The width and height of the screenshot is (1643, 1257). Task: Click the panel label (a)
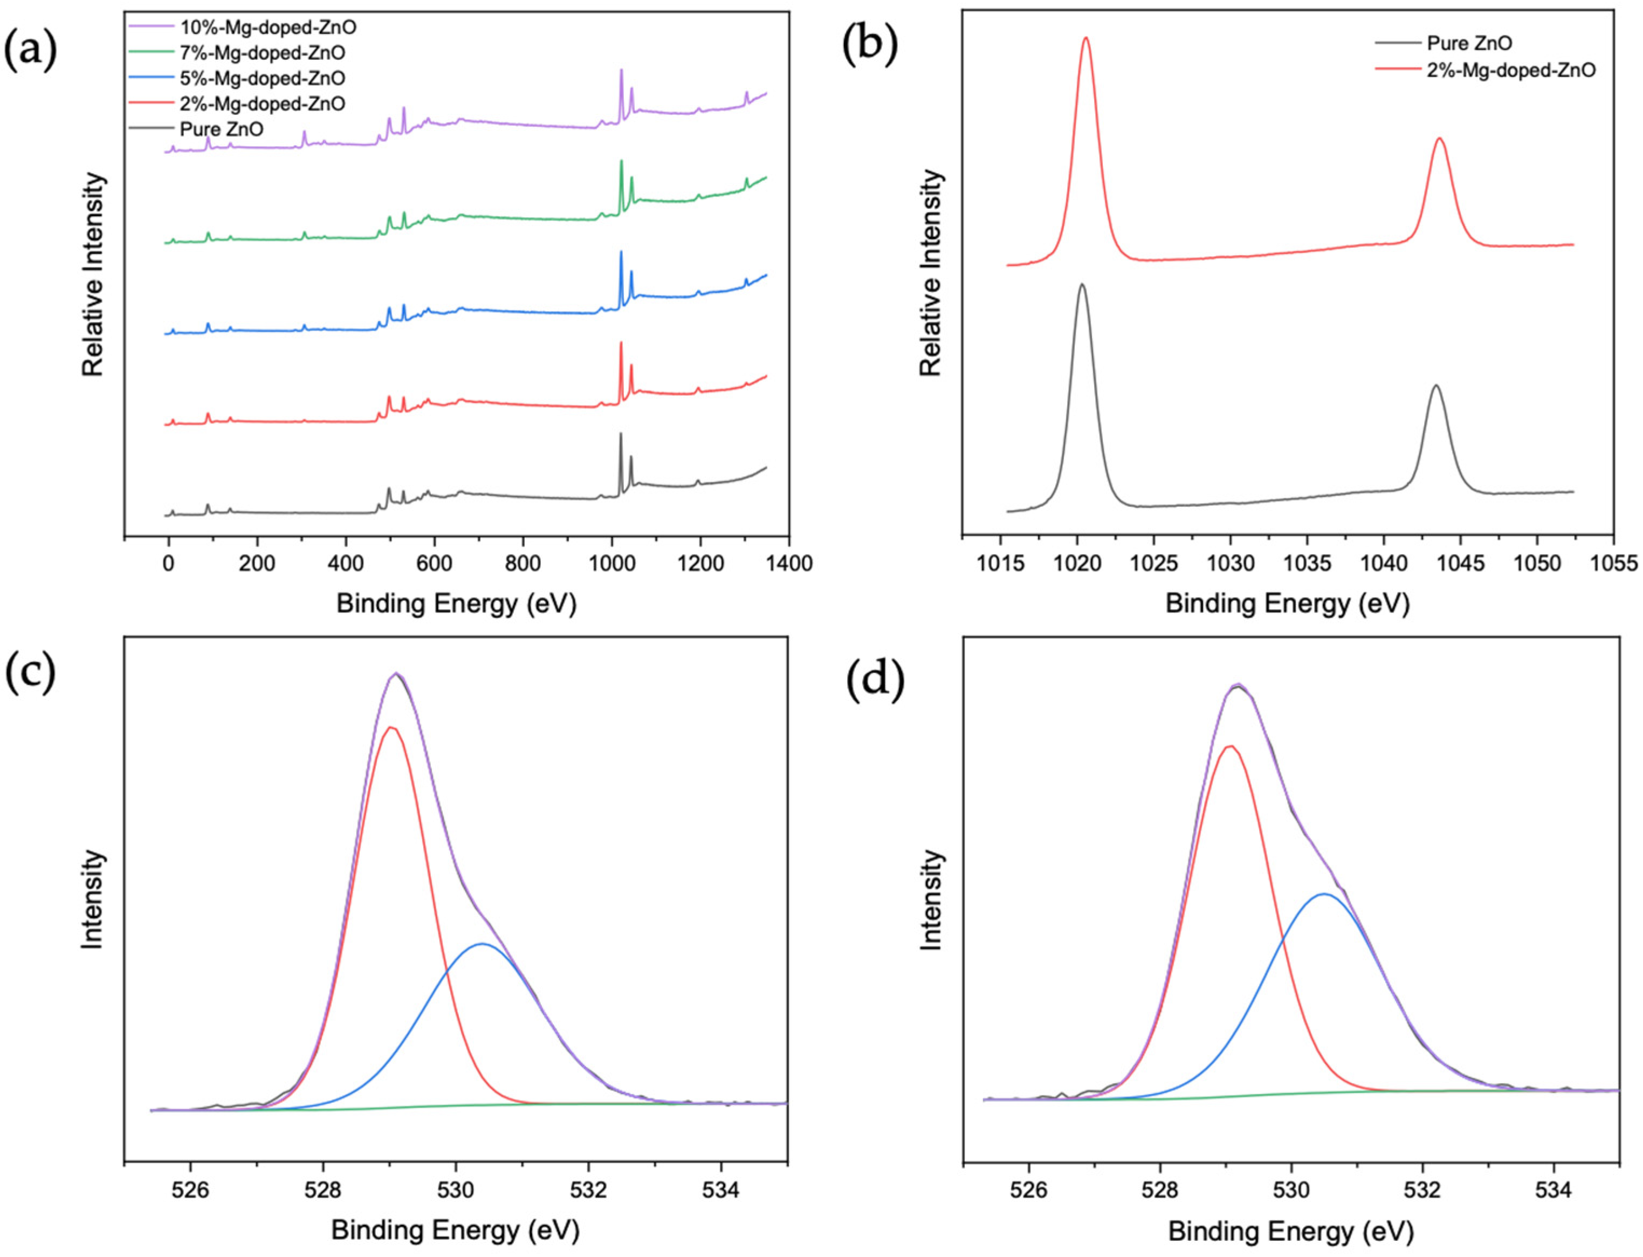(31, 51)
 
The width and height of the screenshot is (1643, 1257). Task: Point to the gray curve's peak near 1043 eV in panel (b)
(1435, 386)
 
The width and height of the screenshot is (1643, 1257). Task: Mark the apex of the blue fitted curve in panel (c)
(483, 944)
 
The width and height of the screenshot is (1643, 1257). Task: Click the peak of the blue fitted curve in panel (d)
(1324, 894)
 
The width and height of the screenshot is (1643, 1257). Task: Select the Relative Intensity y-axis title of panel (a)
(93, 274)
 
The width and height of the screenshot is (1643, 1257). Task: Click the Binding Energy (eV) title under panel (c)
(456, 1229)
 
